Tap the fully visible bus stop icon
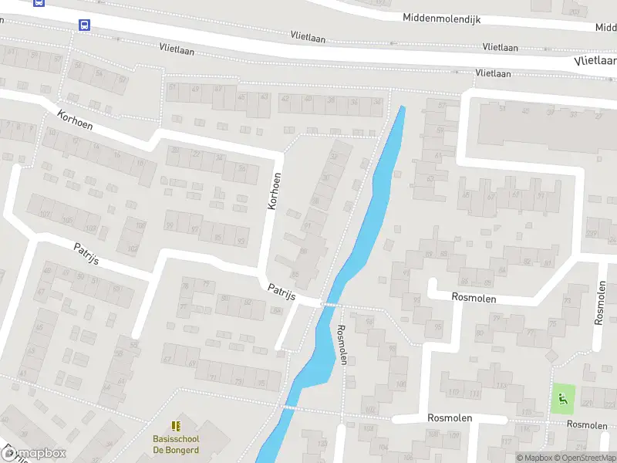[x=84, y=25]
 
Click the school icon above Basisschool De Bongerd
[x=175, y=425]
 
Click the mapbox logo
[x=34, y=454]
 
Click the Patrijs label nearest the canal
[x=282, y=292]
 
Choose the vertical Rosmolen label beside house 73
[x=601, y=302]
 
